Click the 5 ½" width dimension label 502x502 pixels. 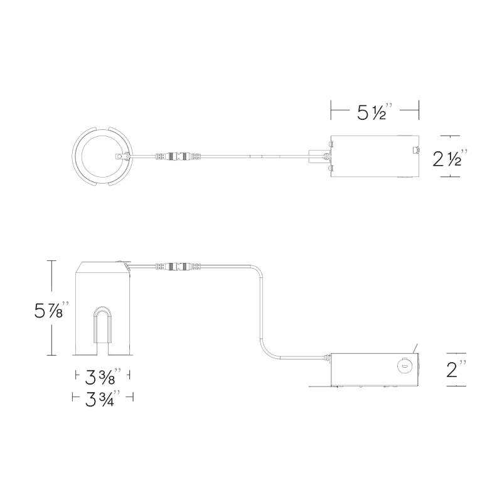375,112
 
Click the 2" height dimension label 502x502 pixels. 456,369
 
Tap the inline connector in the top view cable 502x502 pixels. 178,156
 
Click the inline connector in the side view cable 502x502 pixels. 178,265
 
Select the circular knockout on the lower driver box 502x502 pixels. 404,365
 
